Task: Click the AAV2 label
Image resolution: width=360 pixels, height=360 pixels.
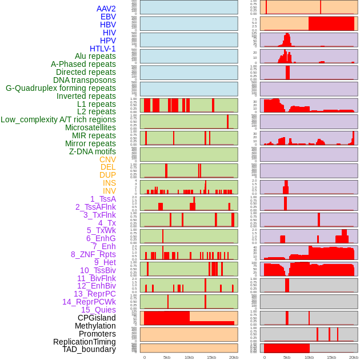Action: pyautogui.click(x=106, y=9)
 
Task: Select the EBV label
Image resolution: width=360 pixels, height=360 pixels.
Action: pyautogui.click(x=107, y=17)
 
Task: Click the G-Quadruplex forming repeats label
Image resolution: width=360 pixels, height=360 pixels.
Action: pyautogui.click(x=61, y=88)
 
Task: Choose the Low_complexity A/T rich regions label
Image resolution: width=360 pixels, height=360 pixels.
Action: pyautogui.click(x=58, y=119)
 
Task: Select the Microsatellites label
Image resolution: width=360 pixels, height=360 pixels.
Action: pyautogui.click(x=90, y=127)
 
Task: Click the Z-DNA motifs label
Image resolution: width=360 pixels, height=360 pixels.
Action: pyautogui.click(x=92, y=151)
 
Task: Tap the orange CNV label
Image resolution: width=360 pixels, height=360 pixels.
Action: pyautogui.click(x=107, y=159)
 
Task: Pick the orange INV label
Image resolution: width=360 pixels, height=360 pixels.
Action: pyautogui.click(x=109, y=191)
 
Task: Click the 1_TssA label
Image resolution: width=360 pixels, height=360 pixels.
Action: pyautogui.click(x=103, y=199)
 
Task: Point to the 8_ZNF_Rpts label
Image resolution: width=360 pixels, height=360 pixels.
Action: pyautogui.click(x=93, y=254)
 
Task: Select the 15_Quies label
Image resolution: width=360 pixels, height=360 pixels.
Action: pyautogui.click(x=98, y=310)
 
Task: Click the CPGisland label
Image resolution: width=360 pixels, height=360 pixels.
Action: pyautogui.click(x=97, y=318)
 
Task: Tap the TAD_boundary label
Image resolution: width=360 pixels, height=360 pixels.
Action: pyautogui.click(x=89, y=349)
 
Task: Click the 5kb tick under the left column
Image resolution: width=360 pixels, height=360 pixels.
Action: pyautogui.click(x=167, y=357)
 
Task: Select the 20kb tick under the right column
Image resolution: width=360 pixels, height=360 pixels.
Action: pyautogui.click(x=354, y=357)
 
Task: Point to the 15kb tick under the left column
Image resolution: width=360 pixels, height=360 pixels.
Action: pyautogui.click(x=211, y=357)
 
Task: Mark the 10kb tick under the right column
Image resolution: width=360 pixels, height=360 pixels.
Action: pyautogui.click(x=309, y=357)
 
